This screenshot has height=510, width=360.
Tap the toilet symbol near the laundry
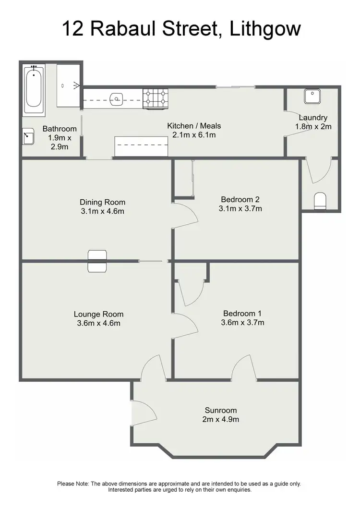pos(319,201)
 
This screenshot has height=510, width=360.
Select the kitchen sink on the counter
pos(116,100)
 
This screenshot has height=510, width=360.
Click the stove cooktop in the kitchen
pos(156,98)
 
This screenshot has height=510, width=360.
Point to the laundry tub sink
pos(312,97)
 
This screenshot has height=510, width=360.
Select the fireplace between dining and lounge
pos(97,261)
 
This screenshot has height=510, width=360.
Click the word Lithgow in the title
pos(265,28)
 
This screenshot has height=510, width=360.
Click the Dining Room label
pos(102,202)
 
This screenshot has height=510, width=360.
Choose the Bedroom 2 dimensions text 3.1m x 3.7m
pos(240,208)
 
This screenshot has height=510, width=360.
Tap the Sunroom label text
pos(221,411)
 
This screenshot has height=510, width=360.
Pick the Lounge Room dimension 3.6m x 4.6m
pos(98,323)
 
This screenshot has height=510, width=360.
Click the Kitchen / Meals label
pos(194,126)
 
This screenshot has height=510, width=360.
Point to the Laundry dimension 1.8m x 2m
pos(313,127)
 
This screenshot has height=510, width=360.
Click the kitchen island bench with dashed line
pos(141,146)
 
